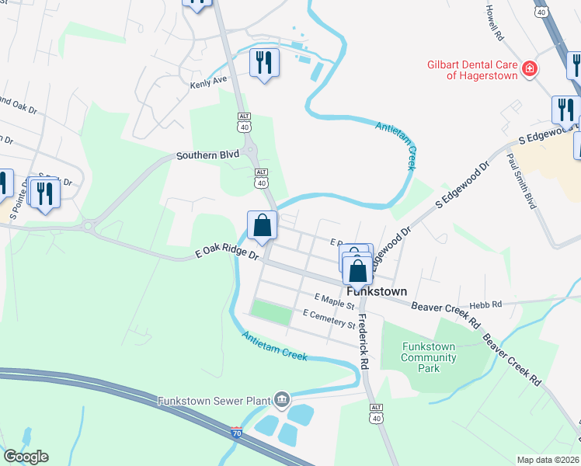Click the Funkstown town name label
coord(377,291)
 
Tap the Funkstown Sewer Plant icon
coord(281,401)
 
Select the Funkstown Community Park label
coord(429,357)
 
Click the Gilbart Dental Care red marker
coord(530,69)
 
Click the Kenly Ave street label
coord(208,80)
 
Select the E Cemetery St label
coord(329,315)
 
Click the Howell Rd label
coord(495,24)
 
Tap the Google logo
coord(26,457)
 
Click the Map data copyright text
coord(547,460)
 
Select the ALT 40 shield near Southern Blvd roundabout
coord(262,177)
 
